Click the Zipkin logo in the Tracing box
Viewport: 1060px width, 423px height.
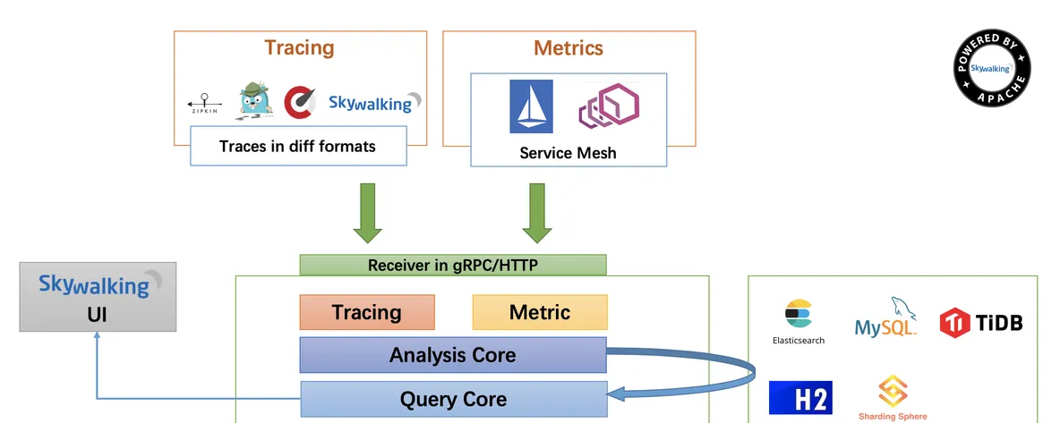(x=203, y=104)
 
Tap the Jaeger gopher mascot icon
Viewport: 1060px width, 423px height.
(x=254, y=101)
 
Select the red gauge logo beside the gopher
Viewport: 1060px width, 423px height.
(x=300, y=102)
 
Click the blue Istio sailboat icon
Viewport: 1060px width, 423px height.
(x=531, y=106)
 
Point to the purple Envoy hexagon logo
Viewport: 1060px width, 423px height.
(x=609, y=106)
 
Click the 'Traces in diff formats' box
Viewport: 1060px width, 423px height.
(x=298, y=146)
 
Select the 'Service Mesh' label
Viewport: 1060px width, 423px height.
(x=568, y=153)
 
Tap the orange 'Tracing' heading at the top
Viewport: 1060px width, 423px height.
(x=300, y=48)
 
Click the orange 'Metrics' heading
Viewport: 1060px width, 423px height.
(x=568, y=48)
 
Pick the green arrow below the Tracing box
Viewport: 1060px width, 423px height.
(x=368, y=213)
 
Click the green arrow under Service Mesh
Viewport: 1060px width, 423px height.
(x=537, y=213)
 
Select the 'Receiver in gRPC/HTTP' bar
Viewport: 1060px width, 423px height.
(x=453, y=265)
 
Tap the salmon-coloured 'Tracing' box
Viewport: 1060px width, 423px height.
(x=367, y=312)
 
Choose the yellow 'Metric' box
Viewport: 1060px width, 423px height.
(x=540, y=312)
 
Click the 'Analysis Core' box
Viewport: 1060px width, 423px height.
(x=453, y=355)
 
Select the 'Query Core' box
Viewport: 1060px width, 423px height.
(x=454, y=400)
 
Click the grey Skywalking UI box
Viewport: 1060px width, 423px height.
(x=98, y=297)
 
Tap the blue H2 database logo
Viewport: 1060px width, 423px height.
(x=800, y=398)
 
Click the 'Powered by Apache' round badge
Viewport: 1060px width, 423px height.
(x=992, y=68)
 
